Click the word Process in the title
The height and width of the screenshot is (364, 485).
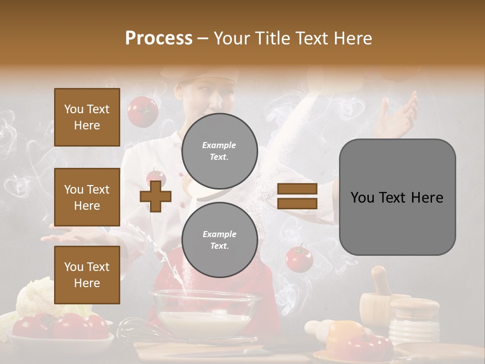(159, 38)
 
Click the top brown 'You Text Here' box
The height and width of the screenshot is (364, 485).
(87, 117)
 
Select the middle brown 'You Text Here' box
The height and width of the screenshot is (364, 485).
(87, 197)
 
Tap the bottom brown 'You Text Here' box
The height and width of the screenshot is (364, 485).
(87, 275)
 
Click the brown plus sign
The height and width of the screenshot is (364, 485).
(156, 196)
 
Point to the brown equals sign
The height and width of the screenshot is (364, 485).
(297, 196)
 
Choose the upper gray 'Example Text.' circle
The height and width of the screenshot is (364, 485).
(219, 151)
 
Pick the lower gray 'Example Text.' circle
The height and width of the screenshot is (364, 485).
(219, 240)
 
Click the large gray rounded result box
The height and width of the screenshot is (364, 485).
(397, 197)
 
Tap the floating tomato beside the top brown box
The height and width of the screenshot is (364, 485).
(142, 111)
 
